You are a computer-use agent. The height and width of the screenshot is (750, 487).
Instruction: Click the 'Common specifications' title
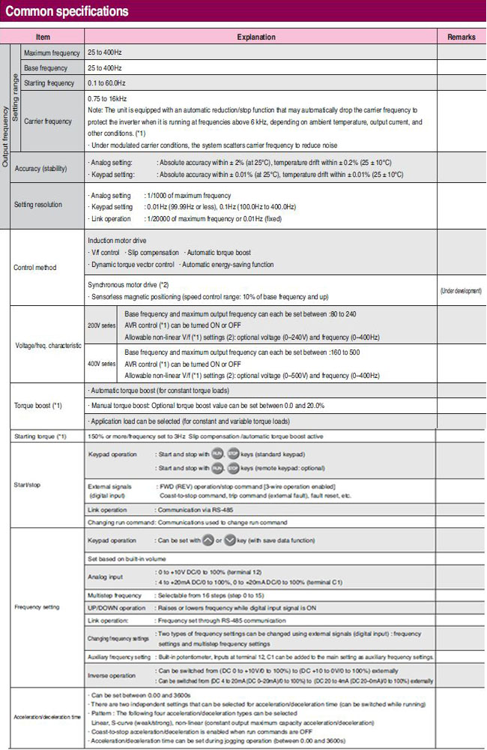tap(67, 11)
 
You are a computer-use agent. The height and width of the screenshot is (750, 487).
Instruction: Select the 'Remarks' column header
tap(461, 37)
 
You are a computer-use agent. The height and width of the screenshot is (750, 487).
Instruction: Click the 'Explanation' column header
tap(256, 37)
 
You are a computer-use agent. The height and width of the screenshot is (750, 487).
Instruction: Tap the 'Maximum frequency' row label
tap(52, 53)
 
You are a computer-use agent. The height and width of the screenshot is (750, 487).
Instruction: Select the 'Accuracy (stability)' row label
tap(46, 168)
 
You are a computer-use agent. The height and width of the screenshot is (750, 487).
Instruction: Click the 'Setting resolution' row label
tap(43, 205)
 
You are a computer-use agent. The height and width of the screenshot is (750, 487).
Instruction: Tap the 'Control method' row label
tap(37, 268)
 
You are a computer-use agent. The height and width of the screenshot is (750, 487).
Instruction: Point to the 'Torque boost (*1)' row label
tap(37, 405)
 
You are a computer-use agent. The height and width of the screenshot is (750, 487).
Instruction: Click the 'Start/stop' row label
tap(27, 484)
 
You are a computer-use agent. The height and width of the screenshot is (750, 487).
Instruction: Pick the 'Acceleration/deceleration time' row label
tap(43, 718)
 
